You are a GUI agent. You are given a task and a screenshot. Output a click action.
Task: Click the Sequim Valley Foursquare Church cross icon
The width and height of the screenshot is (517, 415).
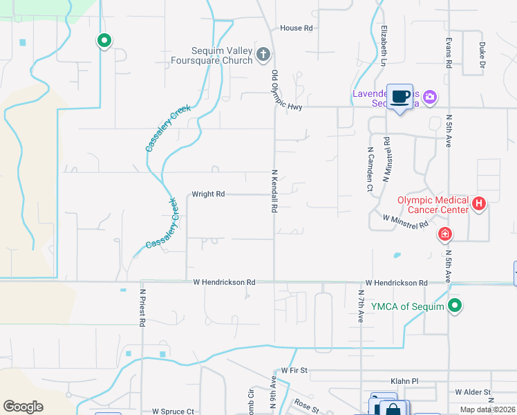click(x=263, y=55)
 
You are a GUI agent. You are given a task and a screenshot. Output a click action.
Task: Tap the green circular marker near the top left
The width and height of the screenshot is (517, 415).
click(x=104, y=41)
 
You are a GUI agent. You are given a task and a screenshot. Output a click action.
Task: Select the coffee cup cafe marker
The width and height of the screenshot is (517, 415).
click(x=399, y=97)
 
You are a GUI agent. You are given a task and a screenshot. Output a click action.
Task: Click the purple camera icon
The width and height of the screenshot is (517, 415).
click(x=430, y=98)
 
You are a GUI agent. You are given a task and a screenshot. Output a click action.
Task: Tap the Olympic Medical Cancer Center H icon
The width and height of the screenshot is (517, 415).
click(x=479, y=204)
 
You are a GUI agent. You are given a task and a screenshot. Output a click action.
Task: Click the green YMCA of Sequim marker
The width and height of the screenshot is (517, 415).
click(x=455, y=305)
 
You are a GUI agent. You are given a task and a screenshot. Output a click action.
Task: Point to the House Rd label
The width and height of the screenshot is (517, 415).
click(x=297, y=28)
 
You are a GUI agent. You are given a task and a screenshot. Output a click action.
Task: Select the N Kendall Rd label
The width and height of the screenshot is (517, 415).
click(x=274, y=191)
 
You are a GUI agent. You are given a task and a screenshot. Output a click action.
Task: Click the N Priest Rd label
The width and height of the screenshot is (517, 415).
click(x=142, y=308)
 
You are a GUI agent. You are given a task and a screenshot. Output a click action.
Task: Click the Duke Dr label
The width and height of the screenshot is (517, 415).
click(x=482, y=56)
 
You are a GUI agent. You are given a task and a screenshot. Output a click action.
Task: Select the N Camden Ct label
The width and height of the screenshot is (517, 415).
click(x=370, y=169)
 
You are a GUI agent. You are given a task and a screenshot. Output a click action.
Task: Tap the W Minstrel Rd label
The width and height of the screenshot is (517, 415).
click(x=406, y=221)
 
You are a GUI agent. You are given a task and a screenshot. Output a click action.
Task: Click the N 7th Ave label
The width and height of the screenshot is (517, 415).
click(x=361, y=306)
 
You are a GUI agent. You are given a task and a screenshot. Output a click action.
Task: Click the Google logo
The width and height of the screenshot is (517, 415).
click(x=23, y=407)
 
